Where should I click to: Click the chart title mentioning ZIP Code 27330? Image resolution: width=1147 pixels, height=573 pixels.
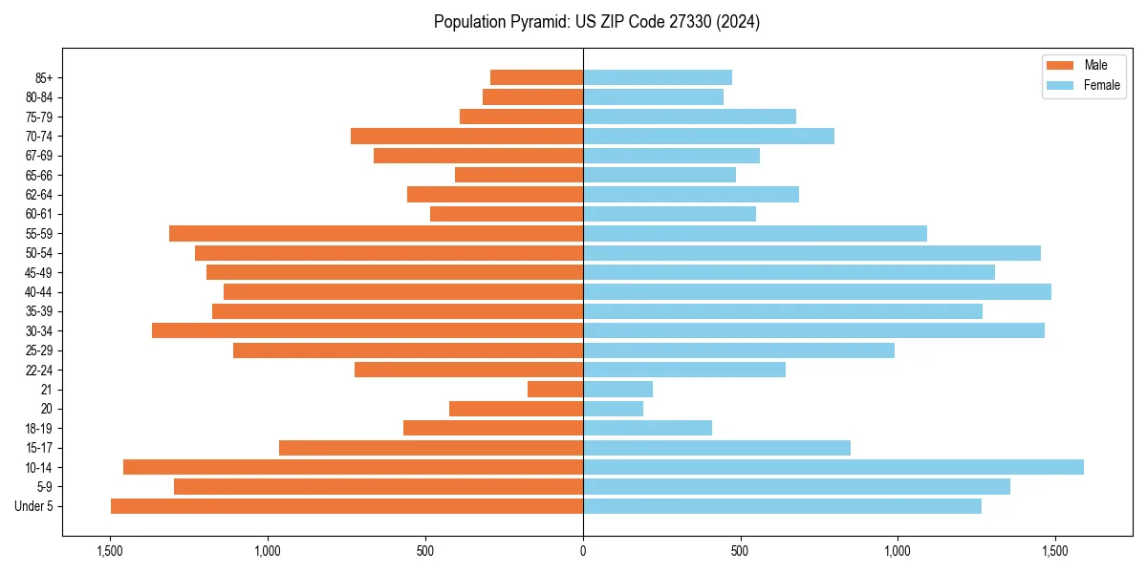596,22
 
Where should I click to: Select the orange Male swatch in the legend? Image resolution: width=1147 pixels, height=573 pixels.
1060,65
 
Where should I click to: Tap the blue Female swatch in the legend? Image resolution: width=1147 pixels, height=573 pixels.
1060,85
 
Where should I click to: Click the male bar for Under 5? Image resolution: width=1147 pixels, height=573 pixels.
347,506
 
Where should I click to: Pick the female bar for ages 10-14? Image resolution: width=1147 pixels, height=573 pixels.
833,467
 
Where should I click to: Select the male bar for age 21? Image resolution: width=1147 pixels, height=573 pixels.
555,390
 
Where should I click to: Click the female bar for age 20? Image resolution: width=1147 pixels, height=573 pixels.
614,409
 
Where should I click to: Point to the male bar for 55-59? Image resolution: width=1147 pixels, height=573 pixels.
376,233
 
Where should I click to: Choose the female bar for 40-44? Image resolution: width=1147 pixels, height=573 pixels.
817,291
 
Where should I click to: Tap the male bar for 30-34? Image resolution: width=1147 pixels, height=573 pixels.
367,330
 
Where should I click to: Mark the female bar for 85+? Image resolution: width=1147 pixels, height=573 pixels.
658,77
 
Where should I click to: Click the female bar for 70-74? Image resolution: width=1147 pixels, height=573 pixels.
708,136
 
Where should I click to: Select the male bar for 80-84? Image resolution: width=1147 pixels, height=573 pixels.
532,96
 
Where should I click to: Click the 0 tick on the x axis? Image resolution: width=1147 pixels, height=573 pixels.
583,550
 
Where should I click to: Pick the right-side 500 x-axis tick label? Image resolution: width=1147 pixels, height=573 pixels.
740,550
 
